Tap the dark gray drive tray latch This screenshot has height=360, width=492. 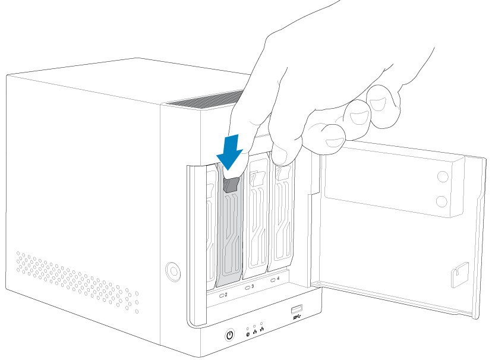point(231,185)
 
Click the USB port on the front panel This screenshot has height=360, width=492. point(297,309)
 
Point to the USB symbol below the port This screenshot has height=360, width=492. point(297,317)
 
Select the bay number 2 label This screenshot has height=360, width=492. point(226,295)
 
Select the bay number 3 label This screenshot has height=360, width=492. point(253,286)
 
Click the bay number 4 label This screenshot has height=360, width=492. point(278,278)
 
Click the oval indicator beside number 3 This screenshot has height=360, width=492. point(248,288)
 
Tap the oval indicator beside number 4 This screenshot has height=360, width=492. point(273,280)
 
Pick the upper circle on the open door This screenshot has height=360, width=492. point(443,176)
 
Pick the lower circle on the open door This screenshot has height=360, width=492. point(442,201)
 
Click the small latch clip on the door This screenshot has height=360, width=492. point(460,274)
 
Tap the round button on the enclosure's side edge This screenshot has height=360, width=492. point(173,271)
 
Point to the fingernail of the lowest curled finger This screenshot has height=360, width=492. point(335,142)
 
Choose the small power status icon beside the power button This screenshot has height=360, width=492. point(248,334)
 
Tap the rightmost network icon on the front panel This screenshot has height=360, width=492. point(261,329)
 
